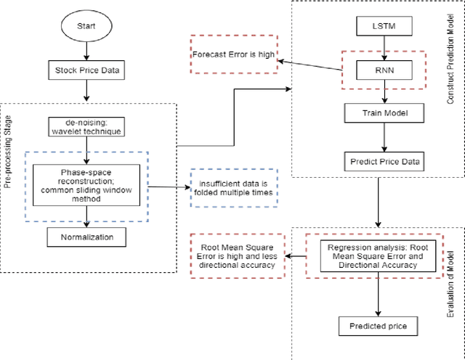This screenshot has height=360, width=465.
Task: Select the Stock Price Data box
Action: tap(86, 70)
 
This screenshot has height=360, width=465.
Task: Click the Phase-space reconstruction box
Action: tap(87, 184)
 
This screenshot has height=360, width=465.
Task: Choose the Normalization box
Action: tap(87, 236)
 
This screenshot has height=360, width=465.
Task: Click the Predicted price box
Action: tap(378, 327)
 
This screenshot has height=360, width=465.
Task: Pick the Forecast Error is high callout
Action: tap(233, 54)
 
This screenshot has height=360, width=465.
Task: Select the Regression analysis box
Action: tap(378, 255)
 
